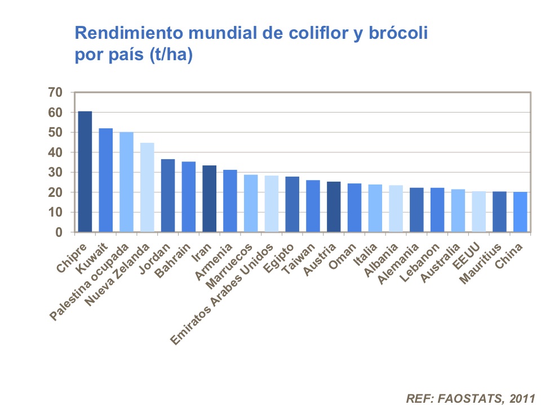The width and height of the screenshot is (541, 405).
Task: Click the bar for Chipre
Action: [x=85, y=172]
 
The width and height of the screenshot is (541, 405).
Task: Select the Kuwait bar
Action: [x=106, y=180]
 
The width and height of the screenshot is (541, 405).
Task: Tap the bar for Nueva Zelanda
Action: [x=147, y=187]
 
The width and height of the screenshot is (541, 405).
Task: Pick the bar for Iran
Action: [x=209, y=199]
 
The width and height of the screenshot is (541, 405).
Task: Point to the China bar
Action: [x=520, y=212]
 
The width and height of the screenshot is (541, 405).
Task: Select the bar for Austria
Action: [x=334, y=206]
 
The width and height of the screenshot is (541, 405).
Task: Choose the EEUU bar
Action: [x=478, y=211]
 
